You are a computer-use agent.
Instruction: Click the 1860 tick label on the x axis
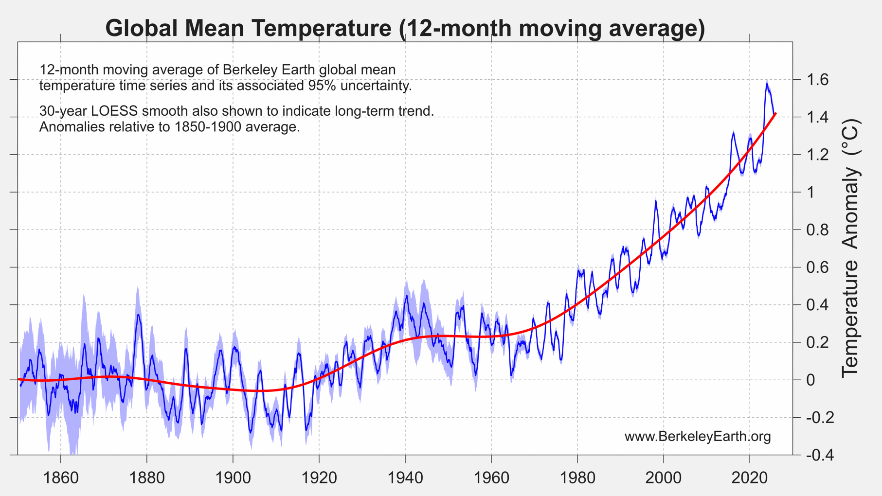point(61,478)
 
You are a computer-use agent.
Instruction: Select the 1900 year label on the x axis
point(233,478)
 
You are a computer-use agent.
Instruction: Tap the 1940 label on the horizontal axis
point(405,478)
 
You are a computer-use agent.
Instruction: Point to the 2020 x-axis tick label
point(750,478)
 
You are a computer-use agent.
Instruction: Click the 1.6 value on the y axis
point(817,79)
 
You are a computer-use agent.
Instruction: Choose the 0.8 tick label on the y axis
point(817,230)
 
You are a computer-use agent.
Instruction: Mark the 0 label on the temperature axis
point(811,380)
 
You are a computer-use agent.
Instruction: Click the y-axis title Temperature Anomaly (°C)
point(851,248)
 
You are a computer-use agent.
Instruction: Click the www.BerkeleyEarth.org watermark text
point(698,437)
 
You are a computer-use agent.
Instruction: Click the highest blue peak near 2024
point(767,84)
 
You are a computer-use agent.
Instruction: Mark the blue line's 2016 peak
point(734,132)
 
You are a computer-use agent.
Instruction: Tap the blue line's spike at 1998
point(656,200)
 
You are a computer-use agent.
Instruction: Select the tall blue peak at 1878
point(138,315)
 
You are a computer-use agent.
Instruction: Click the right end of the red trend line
point(775,113)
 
